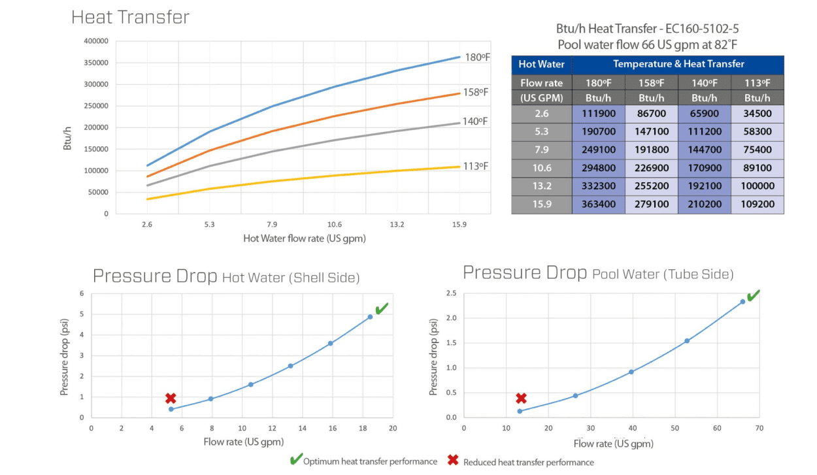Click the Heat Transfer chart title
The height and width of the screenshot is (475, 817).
click(x=130, y=17)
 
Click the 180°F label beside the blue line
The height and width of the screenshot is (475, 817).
click(x=476, y=57)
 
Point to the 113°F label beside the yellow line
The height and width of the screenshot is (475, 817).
click(x=476, y=166)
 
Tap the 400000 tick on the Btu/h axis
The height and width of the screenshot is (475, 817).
click(x=96, y=41)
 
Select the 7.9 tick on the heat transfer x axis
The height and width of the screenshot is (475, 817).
click(x=272, y=225)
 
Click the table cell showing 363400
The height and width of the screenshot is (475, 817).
click(x=598, y=205)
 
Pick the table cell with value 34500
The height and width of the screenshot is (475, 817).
click(x=757, y=114)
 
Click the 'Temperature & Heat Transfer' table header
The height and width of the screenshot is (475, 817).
click(x=678, y=64)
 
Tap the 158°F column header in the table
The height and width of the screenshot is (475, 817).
click(x=651, y=83)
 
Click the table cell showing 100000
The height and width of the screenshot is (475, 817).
click(x=757, y=186)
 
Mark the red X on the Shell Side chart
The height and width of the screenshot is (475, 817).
click(x=171, y=398)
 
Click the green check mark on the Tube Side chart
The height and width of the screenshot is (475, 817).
click(x=753, y=296)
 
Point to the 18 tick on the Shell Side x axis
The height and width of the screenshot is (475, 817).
click(x=363, y=428)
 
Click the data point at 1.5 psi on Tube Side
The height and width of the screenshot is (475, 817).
click(x=687, y=340)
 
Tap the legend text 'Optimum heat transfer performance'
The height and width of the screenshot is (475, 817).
click(x=370, y=462)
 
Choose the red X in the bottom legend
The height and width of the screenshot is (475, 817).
click(x=452, y=461)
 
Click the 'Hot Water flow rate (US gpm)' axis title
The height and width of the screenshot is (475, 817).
click(x=304, y=239)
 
